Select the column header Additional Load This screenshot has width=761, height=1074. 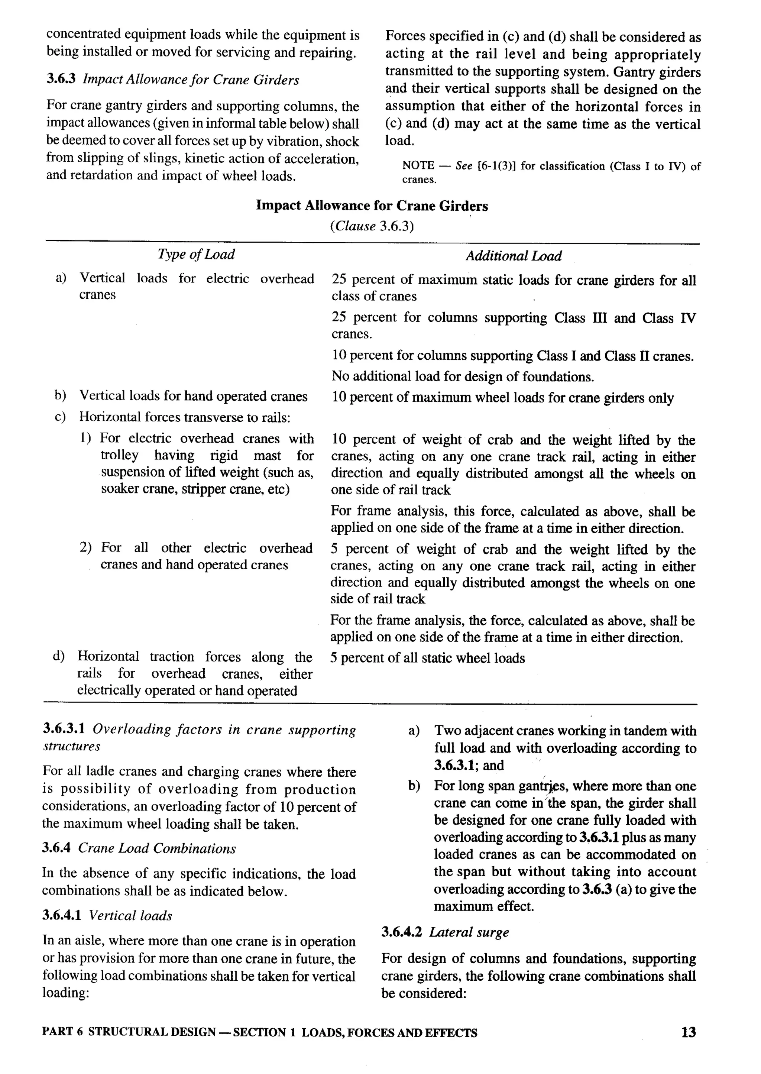(x=513, y=256)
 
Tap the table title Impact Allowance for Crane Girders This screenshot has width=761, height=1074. (x=372, y=206)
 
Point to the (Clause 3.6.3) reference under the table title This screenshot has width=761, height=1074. (x=372, y=226)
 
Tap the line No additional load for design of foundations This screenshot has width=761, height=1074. (x=463, y=376)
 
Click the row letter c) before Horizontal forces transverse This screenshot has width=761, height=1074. (x=60, y=417)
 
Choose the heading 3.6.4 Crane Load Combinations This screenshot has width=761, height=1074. (x=139, y=848)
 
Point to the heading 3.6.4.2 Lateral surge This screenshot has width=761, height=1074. (x=445, y=932)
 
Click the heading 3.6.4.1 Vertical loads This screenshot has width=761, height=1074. (x=107, y=915)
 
